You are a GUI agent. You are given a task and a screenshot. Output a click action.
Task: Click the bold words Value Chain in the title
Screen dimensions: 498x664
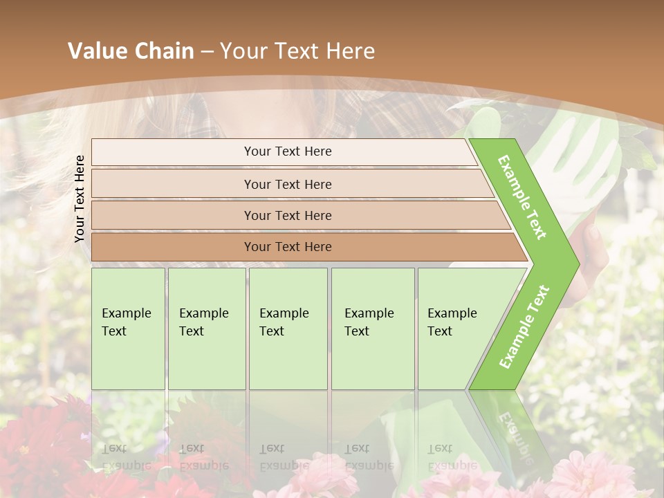131,51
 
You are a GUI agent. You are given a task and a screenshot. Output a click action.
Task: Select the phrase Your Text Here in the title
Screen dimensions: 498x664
297,51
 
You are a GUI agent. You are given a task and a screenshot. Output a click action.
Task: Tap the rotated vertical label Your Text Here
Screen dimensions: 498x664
80,199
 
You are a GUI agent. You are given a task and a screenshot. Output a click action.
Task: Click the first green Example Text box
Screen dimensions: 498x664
128,329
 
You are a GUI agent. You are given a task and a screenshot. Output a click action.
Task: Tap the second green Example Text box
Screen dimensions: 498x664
206,329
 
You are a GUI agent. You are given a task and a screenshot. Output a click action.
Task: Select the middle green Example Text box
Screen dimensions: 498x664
288,329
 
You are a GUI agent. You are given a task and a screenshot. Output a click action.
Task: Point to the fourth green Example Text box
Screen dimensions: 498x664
372,329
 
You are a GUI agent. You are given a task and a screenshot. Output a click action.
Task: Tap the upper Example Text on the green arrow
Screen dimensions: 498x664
523,196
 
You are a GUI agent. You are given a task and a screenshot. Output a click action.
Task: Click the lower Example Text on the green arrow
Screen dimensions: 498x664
524,326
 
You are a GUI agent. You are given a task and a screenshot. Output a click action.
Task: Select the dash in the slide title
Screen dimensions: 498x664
207,52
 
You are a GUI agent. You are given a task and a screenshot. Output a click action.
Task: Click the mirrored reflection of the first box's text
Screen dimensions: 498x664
127,456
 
